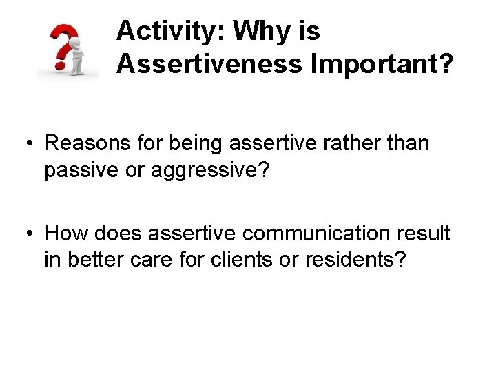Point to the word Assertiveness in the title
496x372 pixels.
pos(209,63)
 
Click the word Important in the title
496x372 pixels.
pos(382,63)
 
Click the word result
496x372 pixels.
pos(424,234)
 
